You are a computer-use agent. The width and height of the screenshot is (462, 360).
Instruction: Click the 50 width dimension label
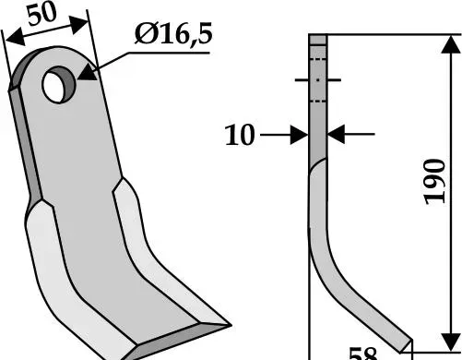pos(42,14)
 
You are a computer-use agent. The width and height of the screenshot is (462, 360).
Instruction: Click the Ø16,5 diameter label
pos(173,33)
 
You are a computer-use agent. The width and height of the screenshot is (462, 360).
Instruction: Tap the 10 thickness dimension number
pos(240,135)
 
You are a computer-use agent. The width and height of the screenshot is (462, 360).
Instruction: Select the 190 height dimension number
pos(434,182)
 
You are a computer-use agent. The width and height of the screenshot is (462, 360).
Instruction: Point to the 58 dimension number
pos(362,354)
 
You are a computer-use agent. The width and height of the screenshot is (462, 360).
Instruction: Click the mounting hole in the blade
pos(58,85)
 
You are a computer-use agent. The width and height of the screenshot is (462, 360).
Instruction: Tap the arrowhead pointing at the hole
pos(89,73)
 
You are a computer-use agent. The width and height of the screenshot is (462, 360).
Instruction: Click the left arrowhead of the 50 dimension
pos(15,36)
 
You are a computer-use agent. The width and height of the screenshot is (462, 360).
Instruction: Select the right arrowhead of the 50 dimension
pos(79,25)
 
